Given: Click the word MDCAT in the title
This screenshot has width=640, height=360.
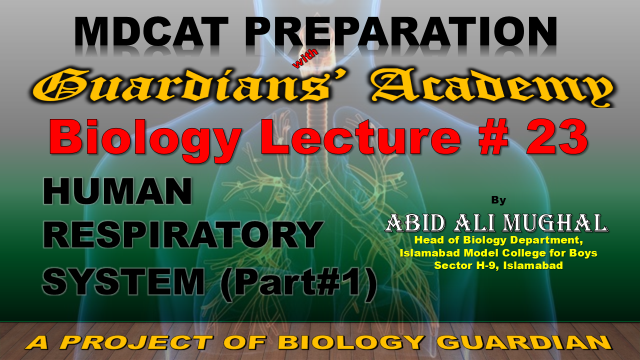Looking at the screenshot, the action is [151, 31].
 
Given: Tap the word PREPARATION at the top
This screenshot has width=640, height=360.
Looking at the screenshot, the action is [401, 31].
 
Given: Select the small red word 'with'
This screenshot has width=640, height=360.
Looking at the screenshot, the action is [306, 57].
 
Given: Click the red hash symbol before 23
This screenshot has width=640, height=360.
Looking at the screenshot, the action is [494, 137].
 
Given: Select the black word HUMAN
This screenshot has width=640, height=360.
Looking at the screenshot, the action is [118, 191].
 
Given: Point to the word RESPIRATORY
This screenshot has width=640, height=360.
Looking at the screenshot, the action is [183, 235].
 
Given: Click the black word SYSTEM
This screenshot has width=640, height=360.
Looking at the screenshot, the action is [124, 281].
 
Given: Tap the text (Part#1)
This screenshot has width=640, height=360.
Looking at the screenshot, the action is [298, 283].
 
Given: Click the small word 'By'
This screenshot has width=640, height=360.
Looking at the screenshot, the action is [498, 200].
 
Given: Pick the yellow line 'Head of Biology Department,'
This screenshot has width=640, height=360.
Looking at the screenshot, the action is [498, 240].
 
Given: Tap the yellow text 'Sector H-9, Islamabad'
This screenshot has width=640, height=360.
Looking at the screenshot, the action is [498, 265].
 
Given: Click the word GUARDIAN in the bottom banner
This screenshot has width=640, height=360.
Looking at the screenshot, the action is [527, 342].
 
